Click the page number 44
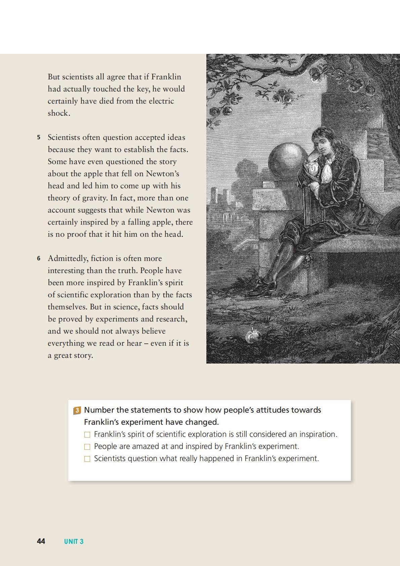41,541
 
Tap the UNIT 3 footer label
74,541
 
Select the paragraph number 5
39,138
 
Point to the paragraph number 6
39,259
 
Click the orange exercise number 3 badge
77,410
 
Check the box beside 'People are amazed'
87,447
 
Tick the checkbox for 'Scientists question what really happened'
87,459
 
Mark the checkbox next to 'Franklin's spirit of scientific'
87,435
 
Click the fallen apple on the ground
252,335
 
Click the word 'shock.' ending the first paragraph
59,113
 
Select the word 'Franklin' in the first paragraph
166,77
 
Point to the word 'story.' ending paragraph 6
82,355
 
